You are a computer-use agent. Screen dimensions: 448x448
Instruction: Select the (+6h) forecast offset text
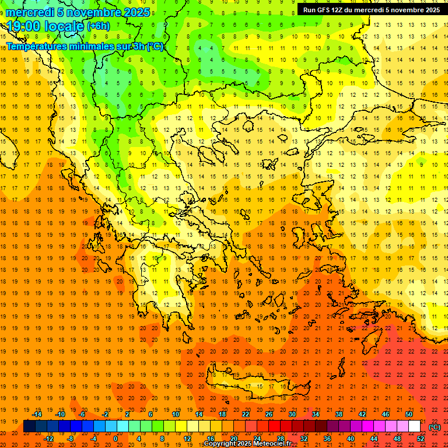[x=97, y=26]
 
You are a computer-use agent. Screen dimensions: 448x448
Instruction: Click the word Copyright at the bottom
[x=220, y=444]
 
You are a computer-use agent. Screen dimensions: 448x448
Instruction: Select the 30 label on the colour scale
[x=292, y=414]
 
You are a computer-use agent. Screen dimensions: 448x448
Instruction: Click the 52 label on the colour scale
[x=421, y=439]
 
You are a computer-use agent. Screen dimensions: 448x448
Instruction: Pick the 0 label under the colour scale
[x=116, y=439]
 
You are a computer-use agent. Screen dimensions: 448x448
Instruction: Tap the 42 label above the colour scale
[x=362, y=414]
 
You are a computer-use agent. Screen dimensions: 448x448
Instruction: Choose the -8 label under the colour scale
[x=71, y=439]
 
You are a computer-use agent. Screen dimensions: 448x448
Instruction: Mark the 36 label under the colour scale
[x=327, y=439]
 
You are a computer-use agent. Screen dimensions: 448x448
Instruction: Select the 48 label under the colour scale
[x=397, y=439]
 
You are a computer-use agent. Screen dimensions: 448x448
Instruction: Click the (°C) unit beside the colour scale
[x=435, y=427]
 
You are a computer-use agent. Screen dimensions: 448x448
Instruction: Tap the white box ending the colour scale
[x=414, y=426]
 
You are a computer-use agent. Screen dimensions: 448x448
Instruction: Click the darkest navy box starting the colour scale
[x=29, y=426]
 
